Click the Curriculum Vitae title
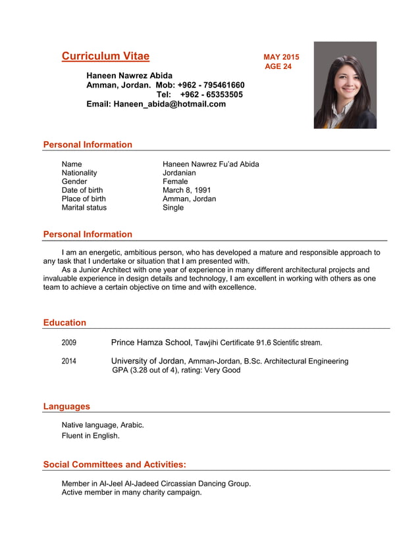pos(105,57)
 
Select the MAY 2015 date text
pos(281,57)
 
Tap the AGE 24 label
pos(278,66)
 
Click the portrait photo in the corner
pos(345,85)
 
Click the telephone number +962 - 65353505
pos(211,95)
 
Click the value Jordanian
pos(179,173)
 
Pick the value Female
pos(175,181)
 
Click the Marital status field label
pos(84,207)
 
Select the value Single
pos(173,207)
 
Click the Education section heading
pos(65,323)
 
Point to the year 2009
pos(69,342)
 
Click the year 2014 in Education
pos(69,361)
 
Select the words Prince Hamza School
pos(151,342)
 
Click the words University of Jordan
pos(148,361)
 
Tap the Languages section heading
pos(66,406)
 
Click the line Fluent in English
pos(91,435)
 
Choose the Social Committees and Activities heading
pos(115,465)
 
